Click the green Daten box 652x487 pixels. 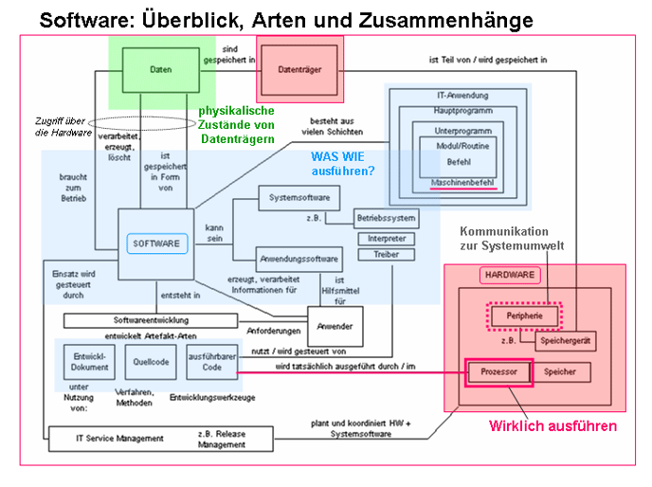[x=160, y=69]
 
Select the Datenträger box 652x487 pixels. [x=299, y=69]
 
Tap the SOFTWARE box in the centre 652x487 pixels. [x=155, y=243]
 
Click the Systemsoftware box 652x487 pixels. [x=299, y=198]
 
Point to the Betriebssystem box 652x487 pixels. [x=387, y=219]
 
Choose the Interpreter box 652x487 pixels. [x=386, y=239]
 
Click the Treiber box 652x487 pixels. [x=386, y=255]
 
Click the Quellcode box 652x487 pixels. [x=152, y=361]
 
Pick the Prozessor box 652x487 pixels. [x=498, y=372]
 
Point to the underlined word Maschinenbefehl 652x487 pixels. [x=462, y=180]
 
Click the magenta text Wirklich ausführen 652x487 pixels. [x=552, y=426]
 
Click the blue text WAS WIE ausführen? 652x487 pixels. [x=343, y=163]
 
